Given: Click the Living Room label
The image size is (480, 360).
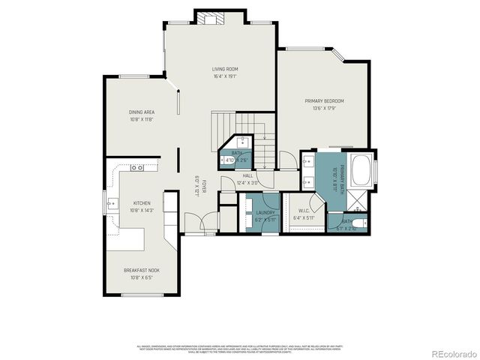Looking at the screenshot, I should coord(224,69).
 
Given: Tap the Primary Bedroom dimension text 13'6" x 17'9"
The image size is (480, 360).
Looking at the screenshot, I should coord(324,107).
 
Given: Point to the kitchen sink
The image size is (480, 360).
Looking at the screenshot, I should coord(112,202).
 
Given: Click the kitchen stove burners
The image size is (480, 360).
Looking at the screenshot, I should coord(136,168).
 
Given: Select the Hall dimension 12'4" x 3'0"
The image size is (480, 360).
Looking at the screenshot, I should coord(247,182).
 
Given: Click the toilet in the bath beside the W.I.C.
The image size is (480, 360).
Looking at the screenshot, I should coord(361,221).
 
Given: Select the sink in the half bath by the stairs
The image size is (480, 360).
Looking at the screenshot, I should coord(244,142).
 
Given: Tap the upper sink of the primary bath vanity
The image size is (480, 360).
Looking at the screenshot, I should coord(308,162).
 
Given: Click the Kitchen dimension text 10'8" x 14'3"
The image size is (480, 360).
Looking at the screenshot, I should coord(142,210).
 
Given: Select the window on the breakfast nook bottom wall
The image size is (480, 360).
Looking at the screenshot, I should coord(142,295).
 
